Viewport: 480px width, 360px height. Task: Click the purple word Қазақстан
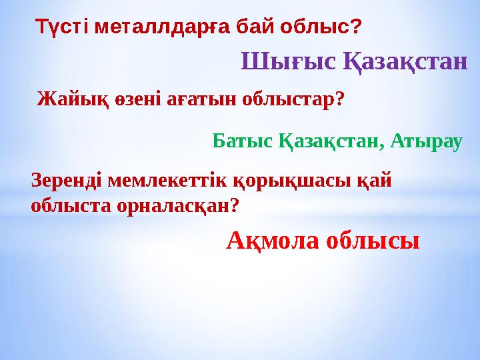(x=406, y=63)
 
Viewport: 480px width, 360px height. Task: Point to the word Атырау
(x=426, y=141)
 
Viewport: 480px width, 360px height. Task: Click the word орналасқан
(x=169, y=206)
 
